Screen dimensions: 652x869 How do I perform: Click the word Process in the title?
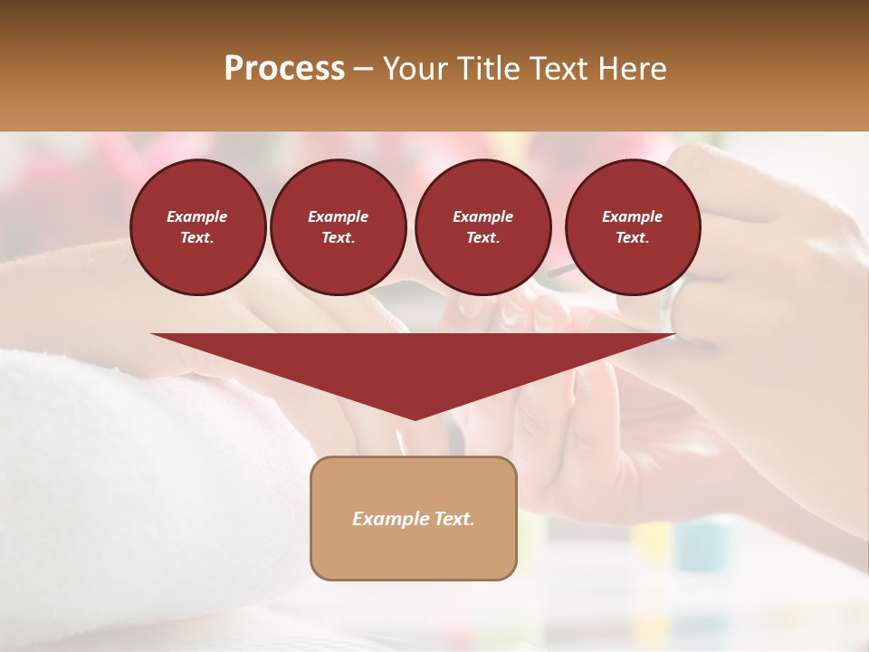(284, 68)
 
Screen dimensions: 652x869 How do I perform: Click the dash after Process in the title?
(364, 70)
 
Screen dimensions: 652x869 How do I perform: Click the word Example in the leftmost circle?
(197, 216)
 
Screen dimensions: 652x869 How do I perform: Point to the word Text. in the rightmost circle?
(633, 238)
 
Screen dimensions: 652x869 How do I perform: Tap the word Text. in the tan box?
(454, 519)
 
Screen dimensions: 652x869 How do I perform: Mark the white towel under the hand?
(118, 471)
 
